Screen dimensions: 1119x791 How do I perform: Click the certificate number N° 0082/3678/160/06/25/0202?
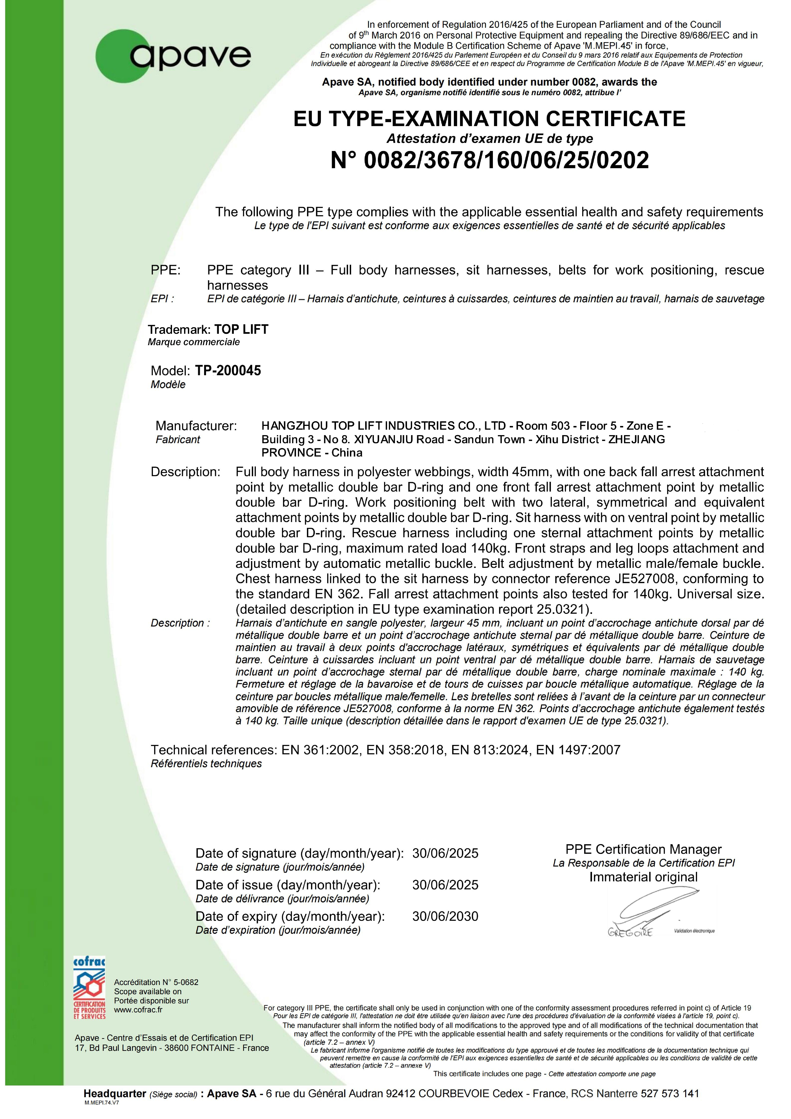tap(489, 160)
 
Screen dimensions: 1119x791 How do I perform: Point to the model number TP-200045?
tap(228, 371)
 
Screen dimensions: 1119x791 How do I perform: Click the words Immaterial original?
tap(643, 877)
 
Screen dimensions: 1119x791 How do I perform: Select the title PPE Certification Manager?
tap(643, 849)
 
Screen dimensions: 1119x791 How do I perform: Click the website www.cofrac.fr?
tap(138, 1010)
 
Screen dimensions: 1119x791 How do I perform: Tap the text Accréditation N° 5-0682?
tap(156, 982)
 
